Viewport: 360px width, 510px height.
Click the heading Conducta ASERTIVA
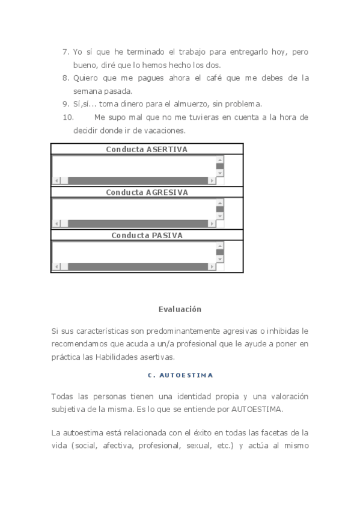(147, 149)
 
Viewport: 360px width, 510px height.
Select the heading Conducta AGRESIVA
(147, 192)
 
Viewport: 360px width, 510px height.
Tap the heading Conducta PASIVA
(147, 236)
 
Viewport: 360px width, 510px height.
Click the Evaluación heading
(180, 309)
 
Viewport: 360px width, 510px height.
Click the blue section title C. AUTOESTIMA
(180, 375)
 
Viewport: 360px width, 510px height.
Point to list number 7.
(66, 52)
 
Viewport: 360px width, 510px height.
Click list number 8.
(66, 78)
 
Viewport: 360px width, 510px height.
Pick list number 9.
(66, 104)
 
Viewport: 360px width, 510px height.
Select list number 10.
(68, 117)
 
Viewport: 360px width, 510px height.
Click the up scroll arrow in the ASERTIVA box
(220, 160)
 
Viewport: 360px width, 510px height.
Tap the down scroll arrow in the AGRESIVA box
(220, 216)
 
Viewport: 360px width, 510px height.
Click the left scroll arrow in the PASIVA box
(57, 266)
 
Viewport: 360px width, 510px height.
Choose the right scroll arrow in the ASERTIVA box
(212, 180)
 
